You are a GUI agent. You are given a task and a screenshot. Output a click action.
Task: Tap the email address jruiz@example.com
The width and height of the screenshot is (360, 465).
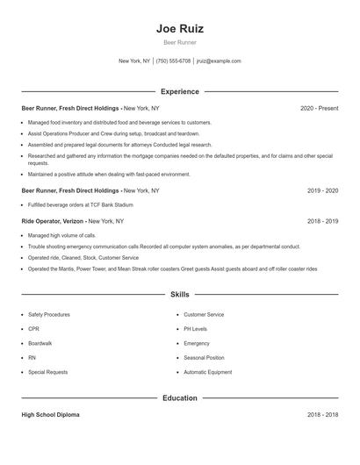coord(219,61)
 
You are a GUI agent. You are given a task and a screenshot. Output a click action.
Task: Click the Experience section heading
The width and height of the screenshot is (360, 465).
coord(180,91)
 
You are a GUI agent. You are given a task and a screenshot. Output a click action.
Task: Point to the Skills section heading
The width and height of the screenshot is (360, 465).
coord(180,295)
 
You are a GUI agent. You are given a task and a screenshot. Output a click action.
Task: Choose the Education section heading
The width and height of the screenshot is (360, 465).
coord(180,397)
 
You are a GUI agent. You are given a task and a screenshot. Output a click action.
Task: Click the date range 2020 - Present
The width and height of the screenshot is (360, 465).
coord(319,108)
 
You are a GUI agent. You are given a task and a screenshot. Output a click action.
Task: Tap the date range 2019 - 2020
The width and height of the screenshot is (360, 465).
coord(322,190)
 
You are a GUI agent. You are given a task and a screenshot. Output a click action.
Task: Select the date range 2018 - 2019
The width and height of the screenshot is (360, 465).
coord(322,222)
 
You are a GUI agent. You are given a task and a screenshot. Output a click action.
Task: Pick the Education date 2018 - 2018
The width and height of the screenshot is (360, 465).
coord(322,414)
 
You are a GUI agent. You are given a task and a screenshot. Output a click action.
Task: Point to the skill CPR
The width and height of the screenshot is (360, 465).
coord(34,329)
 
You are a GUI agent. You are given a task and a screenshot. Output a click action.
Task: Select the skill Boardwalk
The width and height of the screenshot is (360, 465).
coord(40,343)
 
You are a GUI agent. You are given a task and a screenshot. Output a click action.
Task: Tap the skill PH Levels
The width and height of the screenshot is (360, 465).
coord(196,329)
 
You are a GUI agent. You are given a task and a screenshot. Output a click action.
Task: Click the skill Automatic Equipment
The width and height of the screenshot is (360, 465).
coord(208,372)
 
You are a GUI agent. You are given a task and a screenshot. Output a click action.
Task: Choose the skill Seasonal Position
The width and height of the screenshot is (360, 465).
coord(204,358)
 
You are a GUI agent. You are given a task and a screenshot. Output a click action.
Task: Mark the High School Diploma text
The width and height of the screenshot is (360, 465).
coord(50,414)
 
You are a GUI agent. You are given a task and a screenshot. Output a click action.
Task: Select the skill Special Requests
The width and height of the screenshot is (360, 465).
coord(47,372)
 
